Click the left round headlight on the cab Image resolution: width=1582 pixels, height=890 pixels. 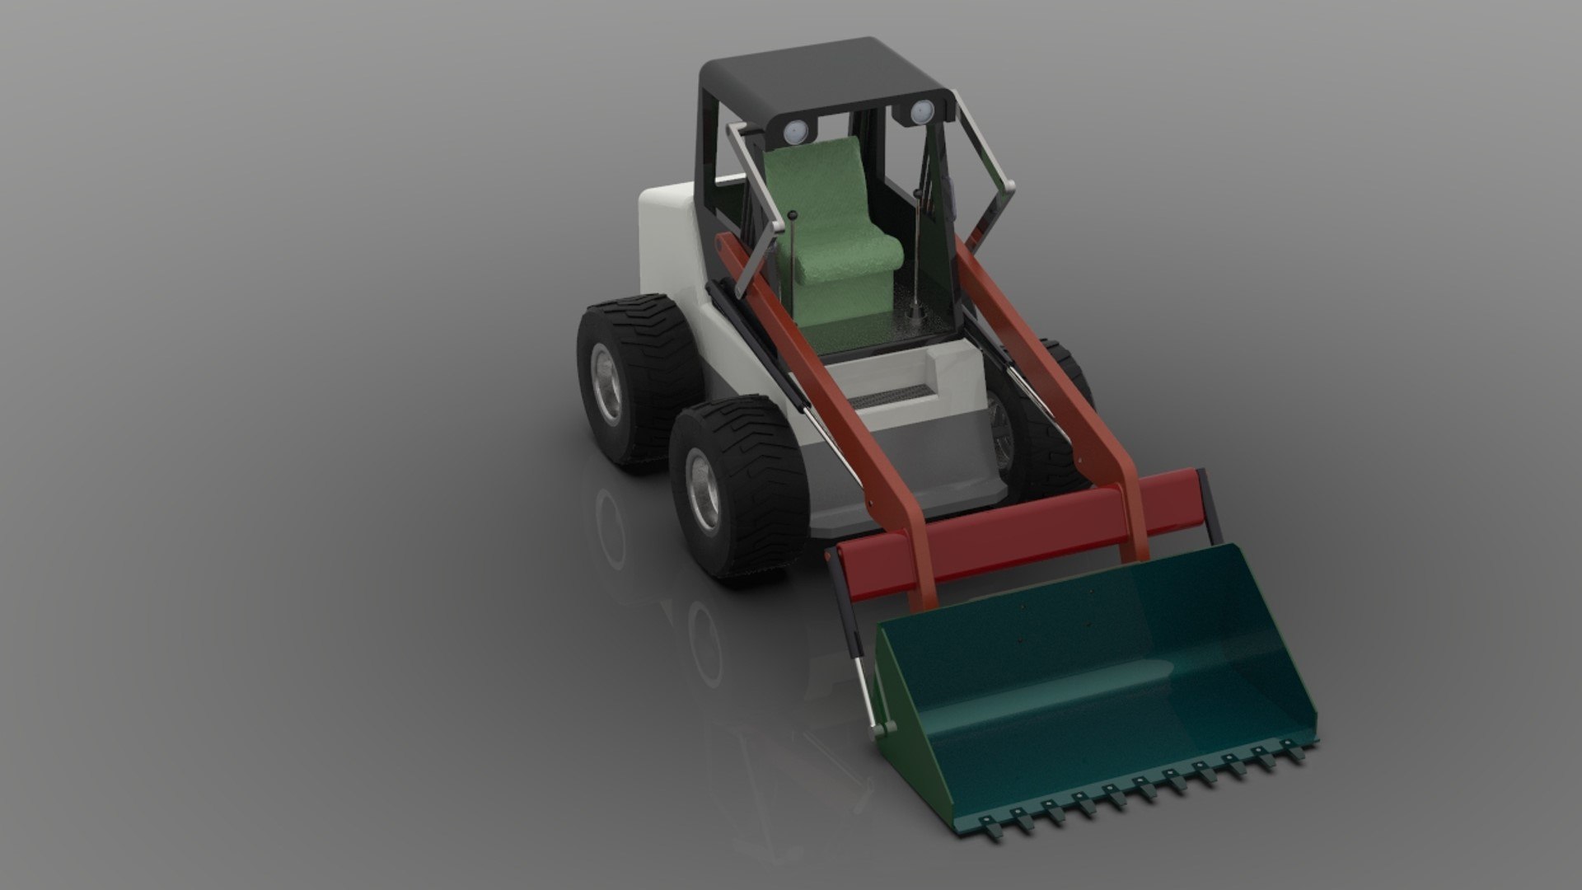pyautogui.click(x=794, y=130)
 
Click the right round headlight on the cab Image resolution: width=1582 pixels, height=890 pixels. pyautogui.click(x=920, y=111)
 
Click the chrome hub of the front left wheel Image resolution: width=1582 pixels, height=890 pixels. pyautogui.click(x=704, y=491)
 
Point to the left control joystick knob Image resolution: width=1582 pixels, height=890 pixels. pyautogui.click(x=793, y=217)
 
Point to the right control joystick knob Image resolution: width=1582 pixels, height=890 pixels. pyautogui.click(x=917, y=194)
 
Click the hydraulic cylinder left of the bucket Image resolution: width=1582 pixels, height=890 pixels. pyautogui.click(x=857, y=651)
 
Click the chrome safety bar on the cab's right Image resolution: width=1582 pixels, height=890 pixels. pyautogui.click(x=993, y=177)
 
